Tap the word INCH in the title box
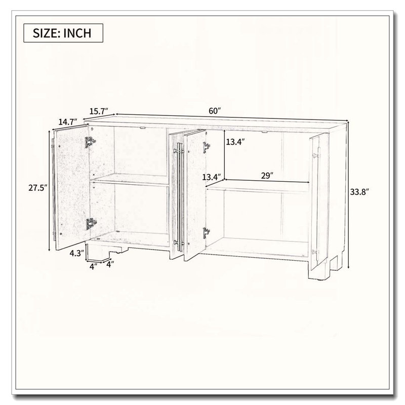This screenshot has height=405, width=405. pos(77,33)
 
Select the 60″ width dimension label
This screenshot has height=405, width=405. pos(215,111)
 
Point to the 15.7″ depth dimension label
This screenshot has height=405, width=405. pos(98,111)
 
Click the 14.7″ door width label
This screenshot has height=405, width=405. pos(68,121)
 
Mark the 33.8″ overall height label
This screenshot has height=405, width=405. pos(359,192)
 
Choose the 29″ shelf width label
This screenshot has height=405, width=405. pos(267,176)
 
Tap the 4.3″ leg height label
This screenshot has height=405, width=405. pos(77,253)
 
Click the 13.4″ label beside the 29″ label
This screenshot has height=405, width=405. pos(212,177)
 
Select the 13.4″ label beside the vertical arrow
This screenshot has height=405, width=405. pos(235,142)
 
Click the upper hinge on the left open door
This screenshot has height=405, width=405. pos(90,142)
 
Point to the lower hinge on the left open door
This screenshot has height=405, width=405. pos(91,224)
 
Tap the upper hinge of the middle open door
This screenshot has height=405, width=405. pos(207,147)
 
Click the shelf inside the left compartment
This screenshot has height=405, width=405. pos(129,180)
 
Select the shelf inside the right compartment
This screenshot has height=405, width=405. pos(258,186)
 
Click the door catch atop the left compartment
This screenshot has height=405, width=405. pos(142,128)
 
